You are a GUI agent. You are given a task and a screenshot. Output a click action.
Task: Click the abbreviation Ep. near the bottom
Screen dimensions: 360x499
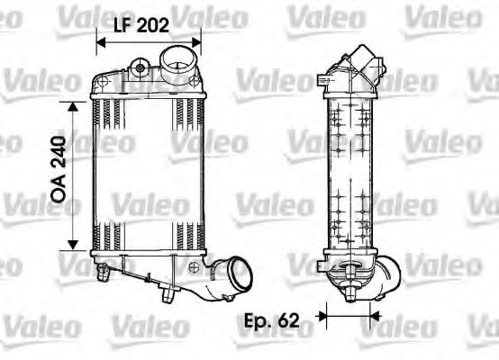[262, 319]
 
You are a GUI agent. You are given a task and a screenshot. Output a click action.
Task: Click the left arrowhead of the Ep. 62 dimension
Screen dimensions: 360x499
[327, 318]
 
